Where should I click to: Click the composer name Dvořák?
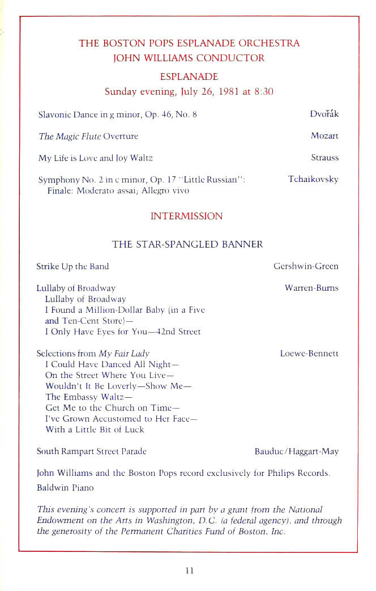click(x=324, y=114)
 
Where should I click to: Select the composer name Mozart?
click(x=324, y=136)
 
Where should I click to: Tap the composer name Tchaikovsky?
click(x=313, y=179)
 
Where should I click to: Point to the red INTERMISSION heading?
click(x=186, y=216)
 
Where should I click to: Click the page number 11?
click(x=189, y=571)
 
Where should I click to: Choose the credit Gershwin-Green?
click(x=306, y=266)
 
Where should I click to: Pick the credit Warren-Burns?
click(x=311, y=288)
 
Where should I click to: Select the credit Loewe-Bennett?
click(x=309, y=354)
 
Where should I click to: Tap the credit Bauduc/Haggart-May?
click(x=297, y=451)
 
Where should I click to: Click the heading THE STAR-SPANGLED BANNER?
click(x=187, y=244)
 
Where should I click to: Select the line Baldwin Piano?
click(x=65, y=487)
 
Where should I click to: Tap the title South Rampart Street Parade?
click(x=91, y=451)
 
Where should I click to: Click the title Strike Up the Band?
click(x=72, y=266)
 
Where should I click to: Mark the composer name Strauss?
click(x=324, y=158)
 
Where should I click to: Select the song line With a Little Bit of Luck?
click(x=95, y=430)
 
